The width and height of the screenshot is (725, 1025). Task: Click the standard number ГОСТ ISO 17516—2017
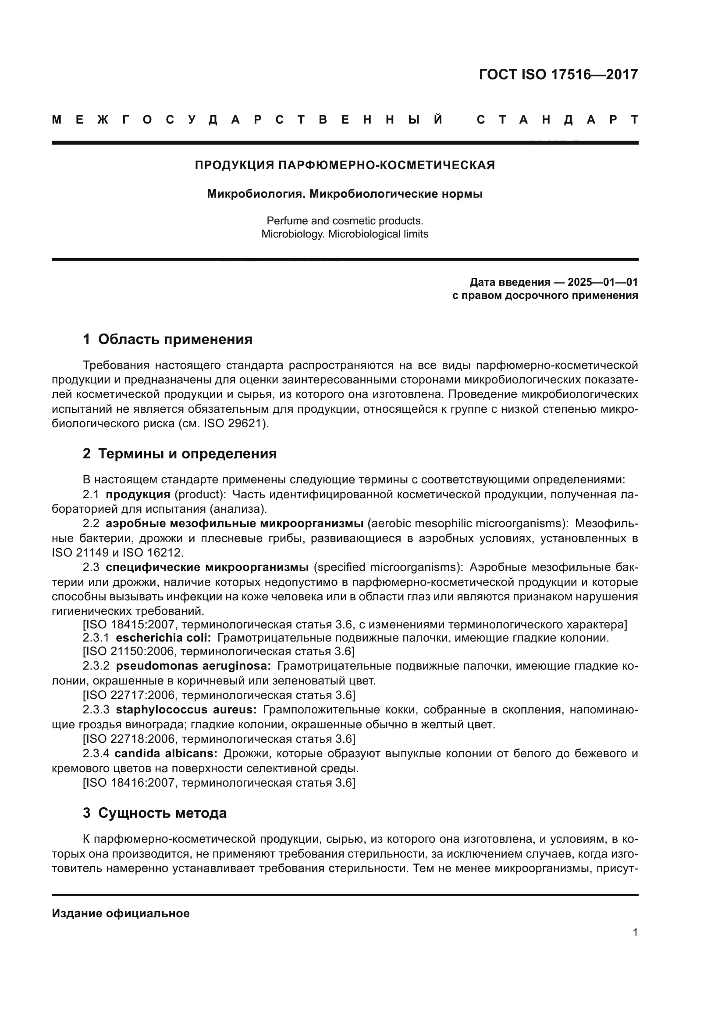(x=558, y=74)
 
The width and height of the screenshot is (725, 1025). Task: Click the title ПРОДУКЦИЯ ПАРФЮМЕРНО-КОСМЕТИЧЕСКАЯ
(x=345, y=166)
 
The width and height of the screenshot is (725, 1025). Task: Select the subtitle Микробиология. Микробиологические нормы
(x=345, y=194)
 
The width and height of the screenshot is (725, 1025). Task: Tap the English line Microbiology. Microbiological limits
(x=345, y=234)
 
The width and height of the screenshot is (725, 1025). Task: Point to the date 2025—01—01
(x=603, y=282)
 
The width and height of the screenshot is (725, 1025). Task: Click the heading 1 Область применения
(x=167, y=339)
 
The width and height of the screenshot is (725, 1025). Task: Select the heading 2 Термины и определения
(x=179, y=454)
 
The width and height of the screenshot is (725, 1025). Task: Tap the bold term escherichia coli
(x=163, y=638)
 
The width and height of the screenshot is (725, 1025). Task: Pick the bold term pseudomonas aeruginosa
(x=193, y=666)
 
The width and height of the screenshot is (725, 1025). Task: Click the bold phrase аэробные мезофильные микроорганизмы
(x=235, y=523)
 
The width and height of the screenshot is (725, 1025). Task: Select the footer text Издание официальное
(x=121, y=913)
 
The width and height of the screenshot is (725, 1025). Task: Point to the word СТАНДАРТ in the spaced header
(x=557, y=120)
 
